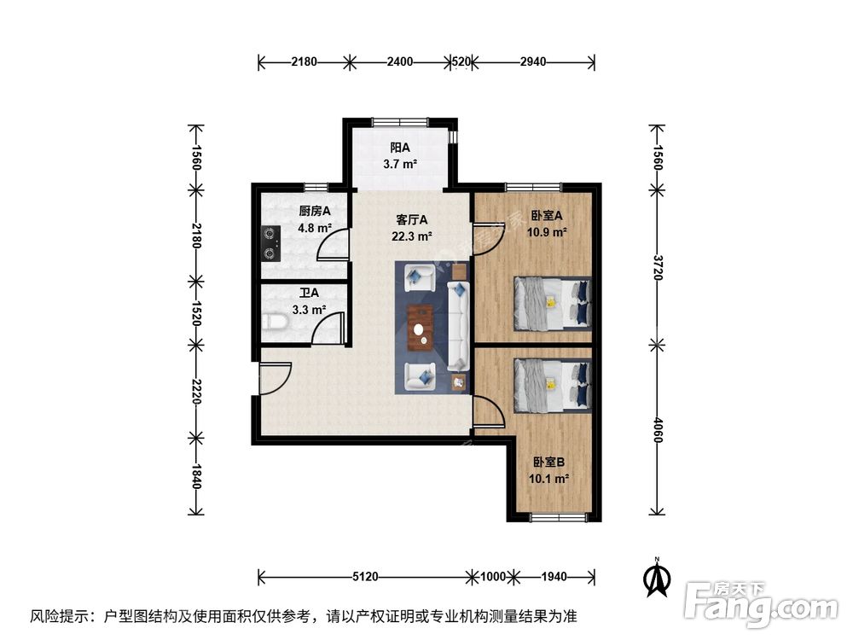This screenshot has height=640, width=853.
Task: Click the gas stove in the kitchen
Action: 271,241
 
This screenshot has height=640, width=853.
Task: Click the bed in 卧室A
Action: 551,303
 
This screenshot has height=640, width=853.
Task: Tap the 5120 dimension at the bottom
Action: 364,576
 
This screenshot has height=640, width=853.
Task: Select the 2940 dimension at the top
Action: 533,61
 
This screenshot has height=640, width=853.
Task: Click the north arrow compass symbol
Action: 655,577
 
